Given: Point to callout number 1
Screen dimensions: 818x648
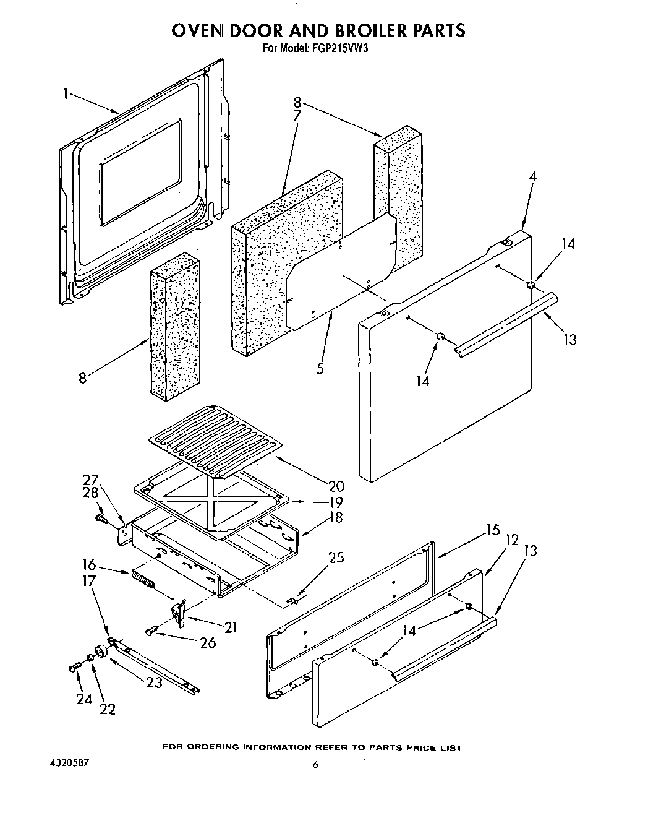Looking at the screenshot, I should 65,94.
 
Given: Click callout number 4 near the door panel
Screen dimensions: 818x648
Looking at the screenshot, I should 532,176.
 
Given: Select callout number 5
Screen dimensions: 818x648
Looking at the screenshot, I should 320,369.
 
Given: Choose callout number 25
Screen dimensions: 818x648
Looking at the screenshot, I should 336,558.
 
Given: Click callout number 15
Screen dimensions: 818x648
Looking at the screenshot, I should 492,531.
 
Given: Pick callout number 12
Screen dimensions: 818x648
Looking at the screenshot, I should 511,540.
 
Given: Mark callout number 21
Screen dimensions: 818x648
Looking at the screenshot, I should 231,627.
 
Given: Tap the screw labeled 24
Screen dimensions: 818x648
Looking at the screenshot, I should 73,668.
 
